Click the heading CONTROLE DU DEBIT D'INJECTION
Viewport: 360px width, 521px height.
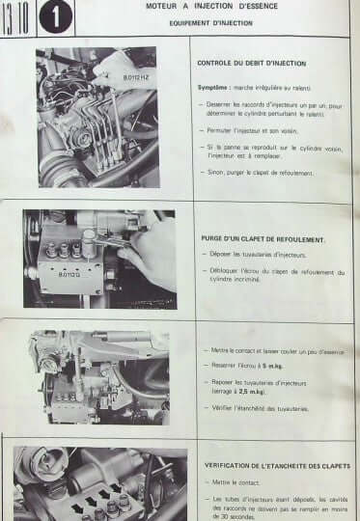tap(253, 63)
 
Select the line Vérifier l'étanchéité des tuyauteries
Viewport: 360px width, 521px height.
tap(269, 408)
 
